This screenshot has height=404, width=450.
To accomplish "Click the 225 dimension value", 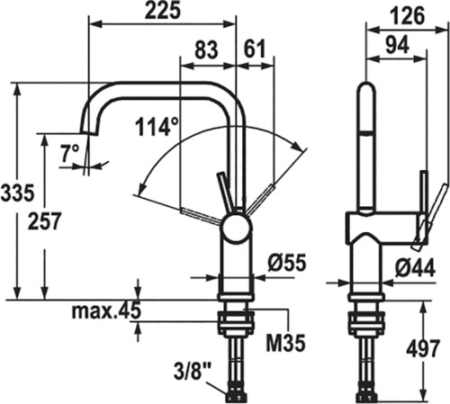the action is point(163,11).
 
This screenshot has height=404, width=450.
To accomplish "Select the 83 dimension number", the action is point(206,49).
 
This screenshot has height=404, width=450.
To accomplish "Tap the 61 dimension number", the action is point(255,49).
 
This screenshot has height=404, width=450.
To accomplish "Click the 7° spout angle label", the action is point(70,153).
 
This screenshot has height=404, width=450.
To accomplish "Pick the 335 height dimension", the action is point(17,193).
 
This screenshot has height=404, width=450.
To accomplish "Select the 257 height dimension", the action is point(44,221).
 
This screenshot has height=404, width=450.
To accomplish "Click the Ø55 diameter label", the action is point(287,263).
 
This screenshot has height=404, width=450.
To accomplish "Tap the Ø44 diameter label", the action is point(415,267).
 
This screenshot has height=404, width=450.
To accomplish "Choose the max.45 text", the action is point(106,310).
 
